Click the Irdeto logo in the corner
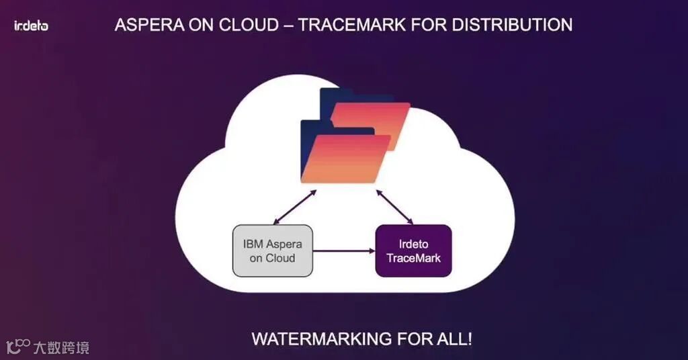[31, 26]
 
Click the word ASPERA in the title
[147, 26]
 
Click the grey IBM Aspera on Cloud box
[273, 251]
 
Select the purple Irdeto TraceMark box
[413, 251]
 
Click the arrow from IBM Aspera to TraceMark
[343, 252]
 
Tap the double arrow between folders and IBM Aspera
[294, 207]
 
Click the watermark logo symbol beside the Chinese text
[18, 346]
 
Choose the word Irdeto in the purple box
[413, 243]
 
